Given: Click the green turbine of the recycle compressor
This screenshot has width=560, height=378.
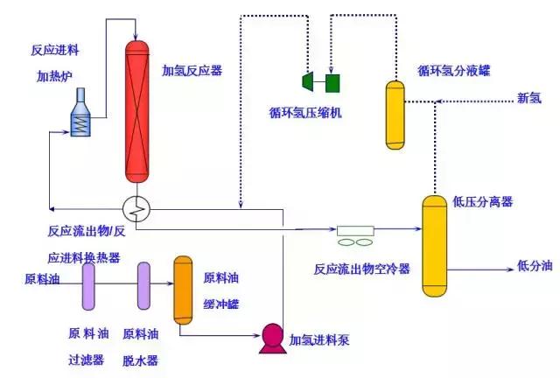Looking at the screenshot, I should [309, 81].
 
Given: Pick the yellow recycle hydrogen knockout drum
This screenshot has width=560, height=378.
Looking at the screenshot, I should [397, 114].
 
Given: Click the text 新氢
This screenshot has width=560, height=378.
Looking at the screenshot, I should [529, 98].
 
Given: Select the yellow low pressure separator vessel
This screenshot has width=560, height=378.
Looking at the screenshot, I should [435, 246].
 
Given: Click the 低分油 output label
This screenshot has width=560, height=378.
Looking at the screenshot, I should [535, 265].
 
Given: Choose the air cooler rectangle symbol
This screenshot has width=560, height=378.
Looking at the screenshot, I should [355, 231].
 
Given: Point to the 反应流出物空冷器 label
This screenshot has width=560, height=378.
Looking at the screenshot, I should [362, 268].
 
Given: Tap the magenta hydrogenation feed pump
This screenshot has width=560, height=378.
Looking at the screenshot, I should [273, 337].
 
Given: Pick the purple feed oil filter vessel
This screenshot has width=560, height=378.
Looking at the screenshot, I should [89, 286].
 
